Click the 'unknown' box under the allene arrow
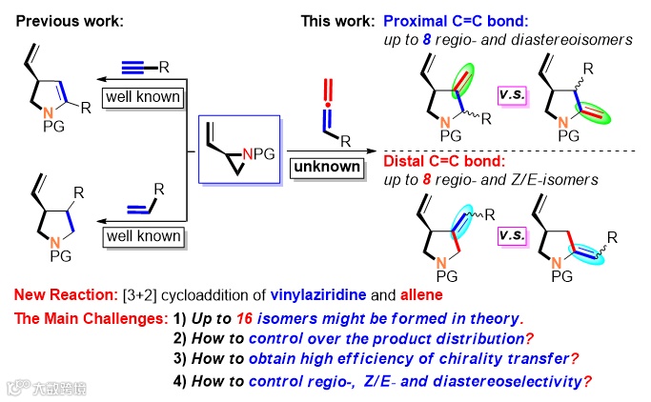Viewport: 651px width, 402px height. coord(327,166)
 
